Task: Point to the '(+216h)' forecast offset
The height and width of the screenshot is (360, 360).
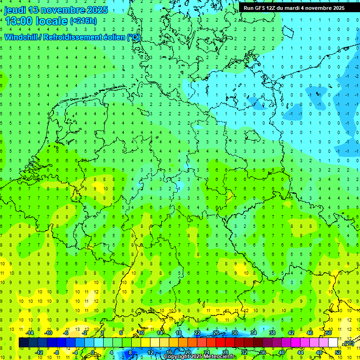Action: tap(83, 21)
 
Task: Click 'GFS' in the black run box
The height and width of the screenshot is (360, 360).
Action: tap(262, 8)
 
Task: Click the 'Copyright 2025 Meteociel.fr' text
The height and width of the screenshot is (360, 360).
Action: tap(199, 357)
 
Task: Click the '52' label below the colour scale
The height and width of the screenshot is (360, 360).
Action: tap(338, 352)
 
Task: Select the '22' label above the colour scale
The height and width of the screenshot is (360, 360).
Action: tap(197, 333)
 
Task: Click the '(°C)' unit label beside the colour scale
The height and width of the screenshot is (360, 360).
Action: tap(348, 343)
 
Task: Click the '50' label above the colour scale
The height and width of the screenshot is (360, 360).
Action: tap(329, 333)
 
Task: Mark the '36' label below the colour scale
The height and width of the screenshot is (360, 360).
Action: tap(263, 352)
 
